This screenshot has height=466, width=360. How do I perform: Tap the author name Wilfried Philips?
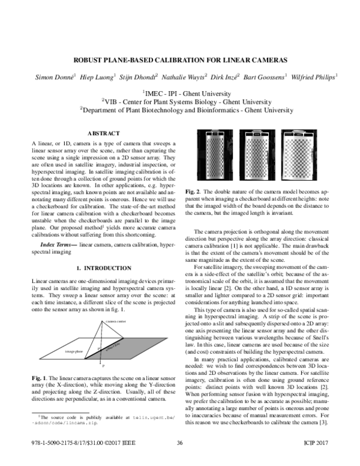coord(314,77)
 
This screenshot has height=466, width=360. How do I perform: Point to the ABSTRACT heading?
coord(104,133)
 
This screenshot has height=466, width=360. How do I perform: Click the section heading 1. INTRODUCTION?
coord(104,266)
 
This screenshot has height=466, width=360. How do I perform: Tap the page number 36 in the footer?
coord(180,460)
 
